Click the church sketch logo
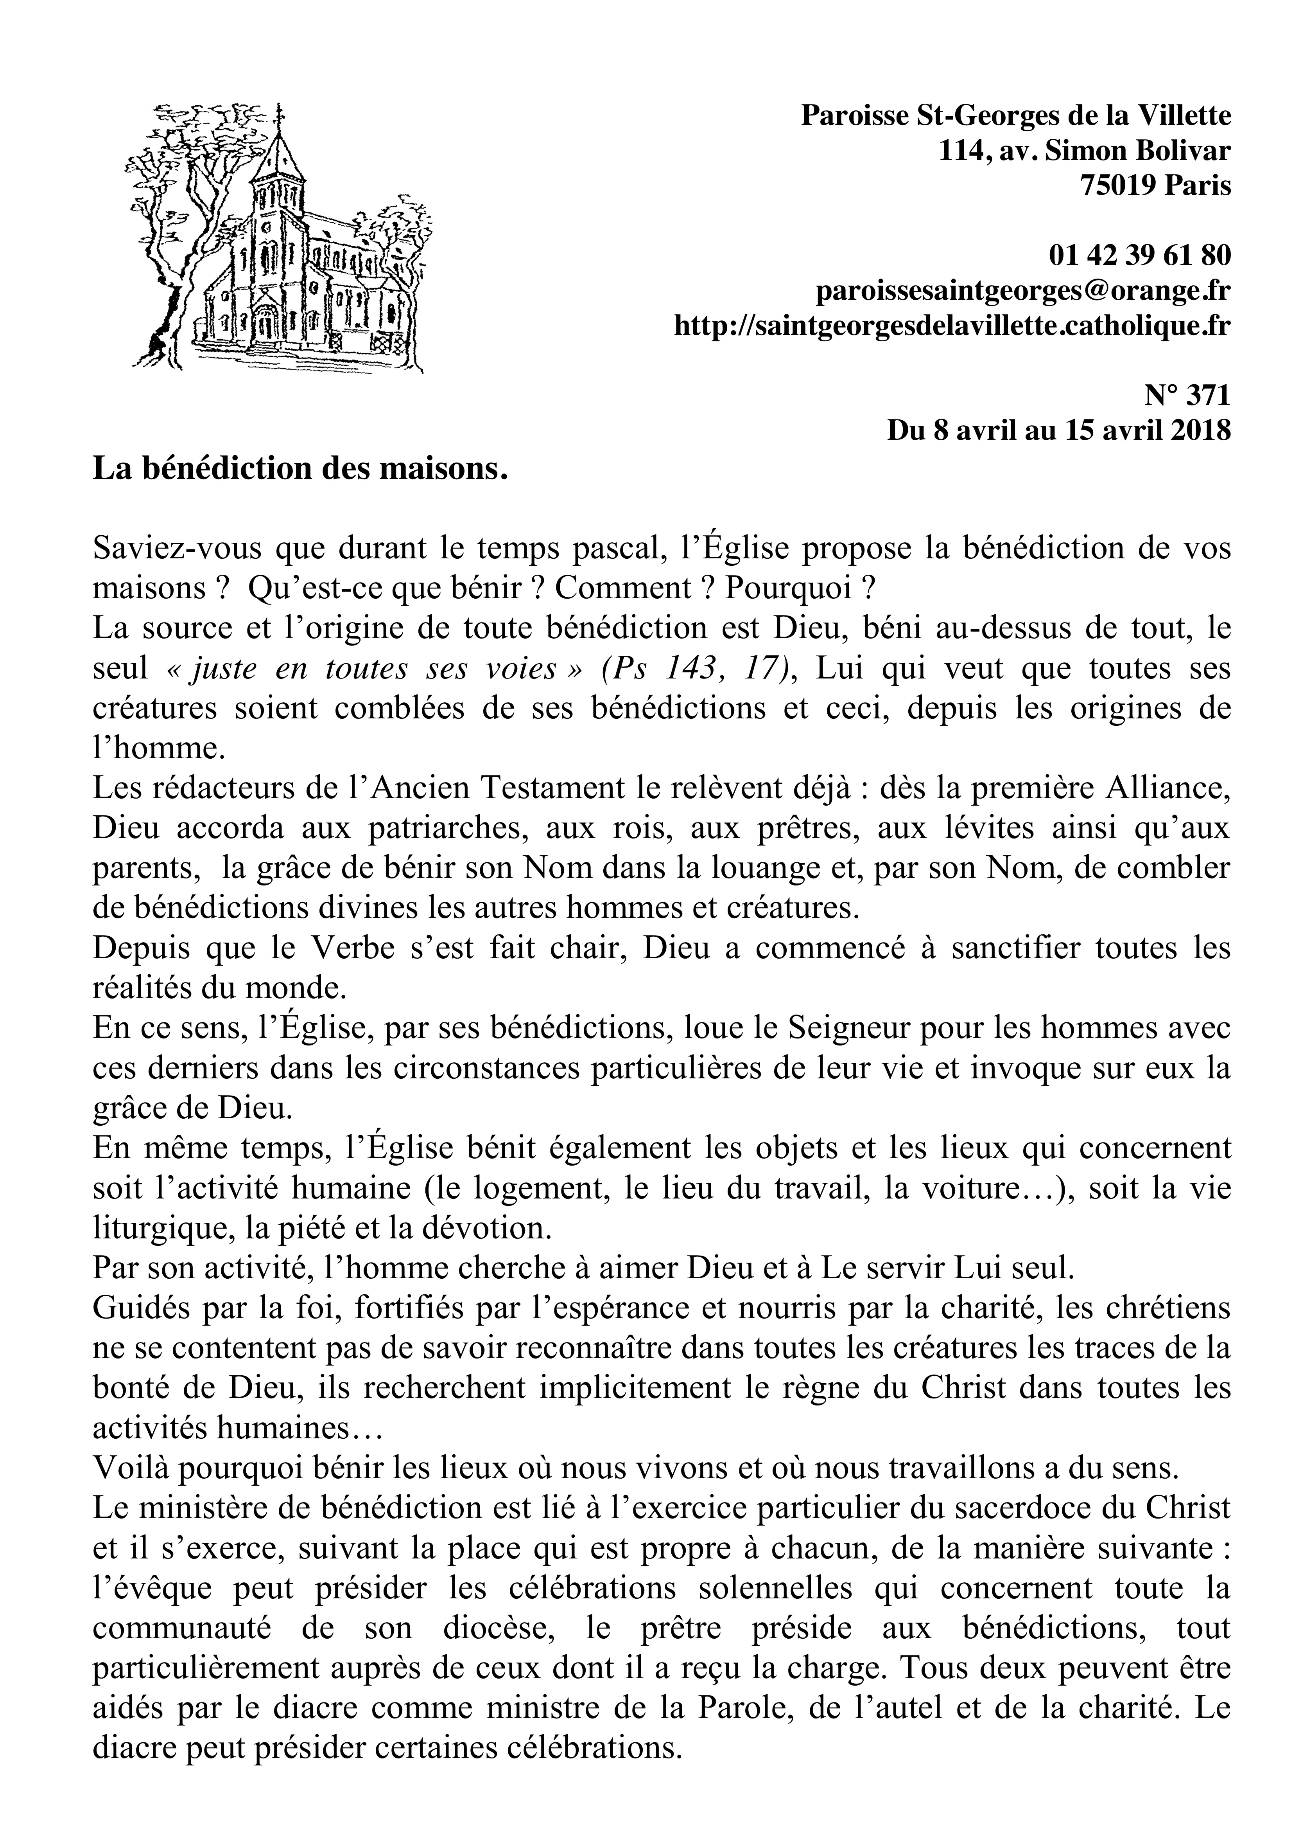coord(279,239)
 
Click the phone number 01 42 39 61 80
coord(1140,255)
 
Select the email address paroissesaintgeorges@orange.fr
coord(1024,291)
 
